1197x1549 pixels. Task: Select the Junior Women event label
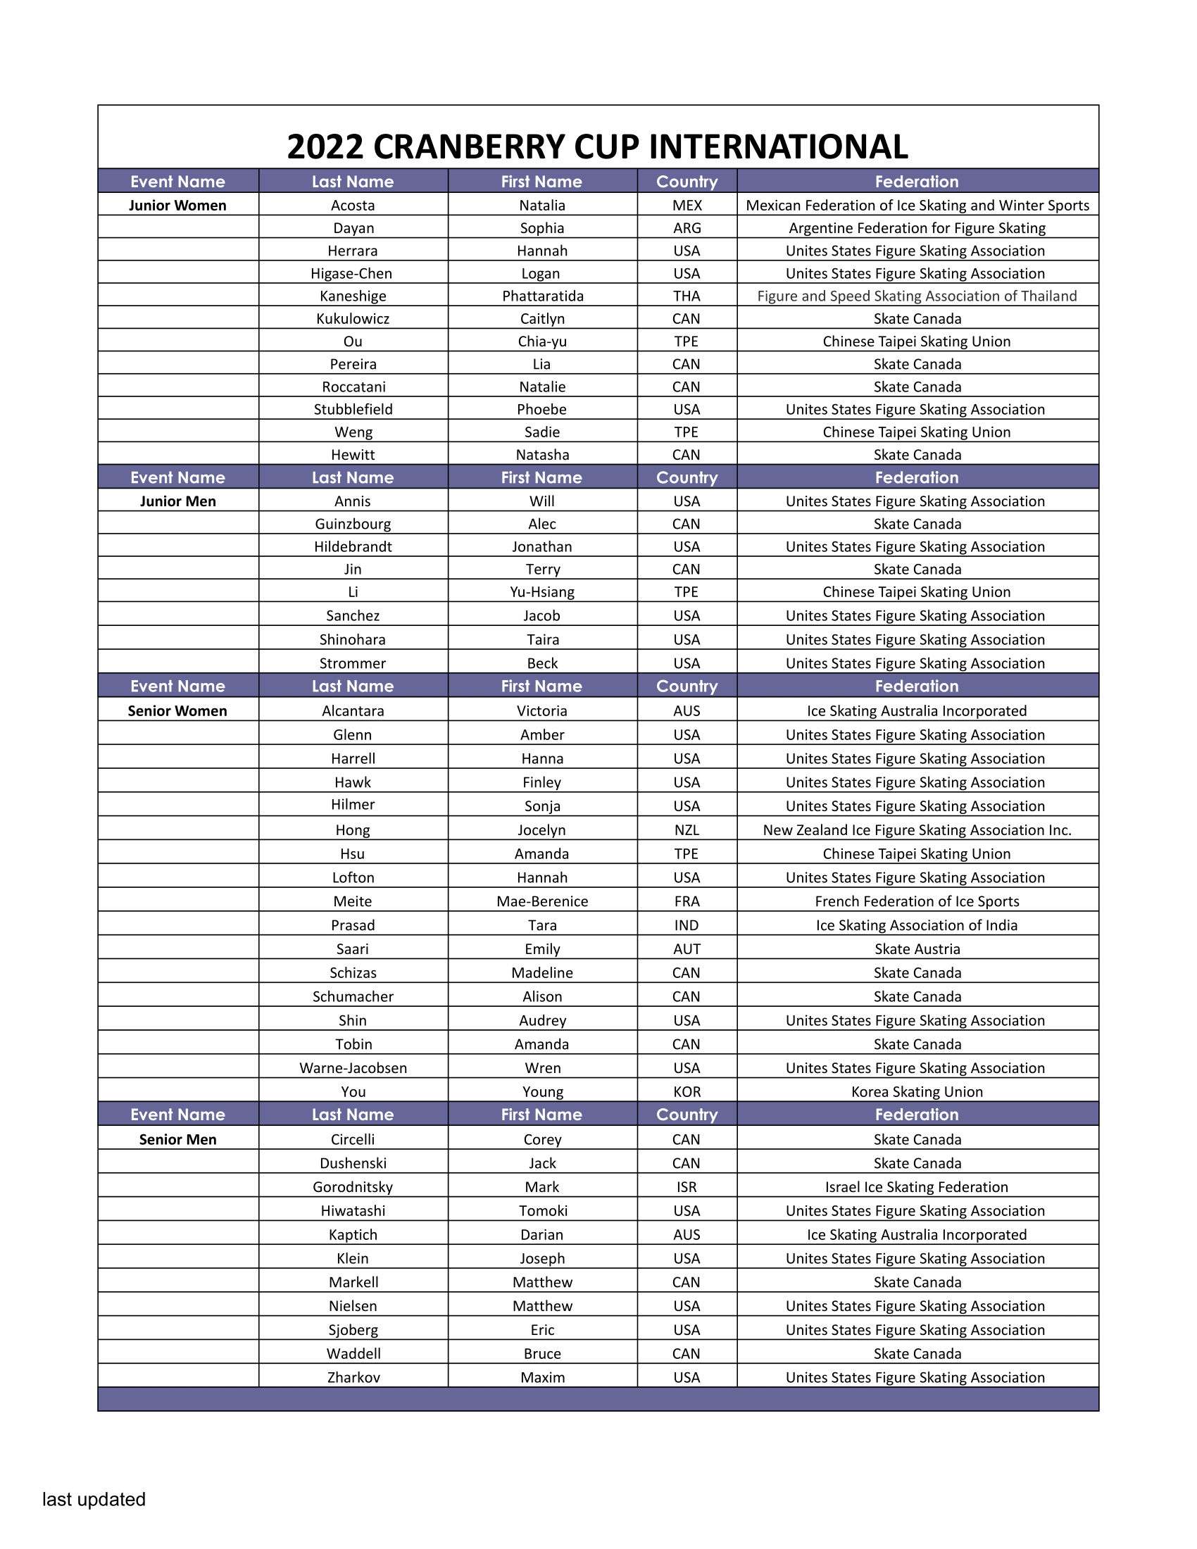[x=177, y=206]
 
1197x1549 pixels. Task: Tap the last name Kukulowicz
[x=353, y=319]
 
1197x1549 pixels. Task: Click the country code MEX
[x=687, y=206]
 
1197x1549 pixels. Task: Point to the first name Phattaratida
[x=542, y=296]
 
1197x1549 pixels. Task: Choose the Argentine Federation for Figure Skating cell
[x=917, y=228]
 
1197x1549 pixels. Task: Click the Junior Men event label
[x=177, y=501]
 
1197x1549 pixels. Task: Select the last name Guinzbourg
[x=353, y=524]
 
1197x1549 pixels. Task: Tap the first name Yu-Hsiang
[x=541, y=592]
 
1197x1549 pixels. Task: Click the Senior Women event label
[x=177, y=711]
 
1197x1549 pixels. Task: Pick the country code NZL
[x=687, y=831]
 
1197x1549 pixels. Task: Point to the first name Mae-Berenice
[x=541, y=901]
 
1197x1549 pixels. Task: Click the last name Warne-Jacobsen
[x=353, y=1068]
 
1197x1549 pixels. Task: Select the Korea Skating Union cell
[x=917, y=1092]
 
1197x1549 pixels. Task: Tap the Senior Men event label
[x=177, y=1140]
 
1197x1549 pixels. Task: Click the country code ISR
[x=687, y=1187]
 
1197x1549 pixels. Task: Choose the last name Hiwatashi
[x=353, y=1212]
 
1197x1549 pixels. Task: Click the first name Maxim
[x=541, y=1377]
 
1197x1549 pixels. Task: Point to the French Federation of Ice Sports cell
[x=917, y=901]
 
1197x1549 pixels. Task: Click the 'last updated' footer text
[x=94, y=1499]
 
